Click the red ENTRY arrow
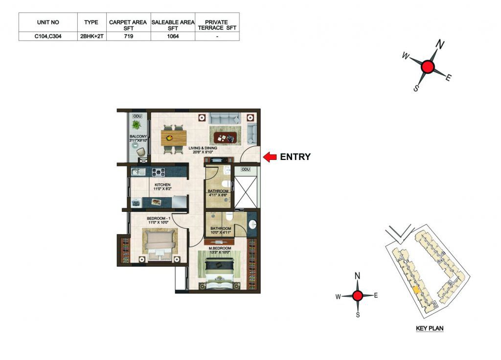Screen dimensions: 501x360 coord(270,157)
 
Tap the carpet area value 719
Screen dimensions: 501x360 coord(129,36)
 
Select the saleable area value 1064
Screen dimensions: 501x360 coord(173,36)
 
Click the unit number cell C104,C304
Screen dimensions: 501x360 coord(48,36)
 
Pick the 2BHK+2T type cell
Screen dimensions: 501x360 coord(91,36)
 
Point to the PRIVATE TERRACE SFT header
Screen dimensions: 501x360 coord(217,25)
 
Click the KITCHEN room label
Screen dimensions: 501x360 coord(162,184)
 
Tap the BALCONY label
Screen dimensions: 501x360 coord(138,136)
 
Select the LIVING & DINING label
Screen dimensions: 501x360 coord(203,148)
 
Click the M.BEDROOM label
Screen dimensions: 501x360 coord(220,248)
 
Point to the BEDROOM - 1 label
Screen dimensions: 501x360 coord(159,219)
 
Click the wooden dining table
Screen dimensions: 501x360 coord(174,138)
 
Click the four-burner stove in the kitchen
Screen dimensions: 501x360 coord(158,172)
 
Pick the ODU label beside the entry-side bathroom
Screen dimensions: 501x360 coord(246,169)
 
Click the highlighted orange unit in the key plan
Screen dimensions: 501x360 coord(416,290)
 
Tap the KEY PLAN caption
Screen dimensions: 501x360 coord(430,328)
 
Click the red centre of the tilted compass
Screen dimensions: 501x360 coord(428,67)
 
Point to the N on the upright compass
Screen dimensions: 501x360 coord(357,275)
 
